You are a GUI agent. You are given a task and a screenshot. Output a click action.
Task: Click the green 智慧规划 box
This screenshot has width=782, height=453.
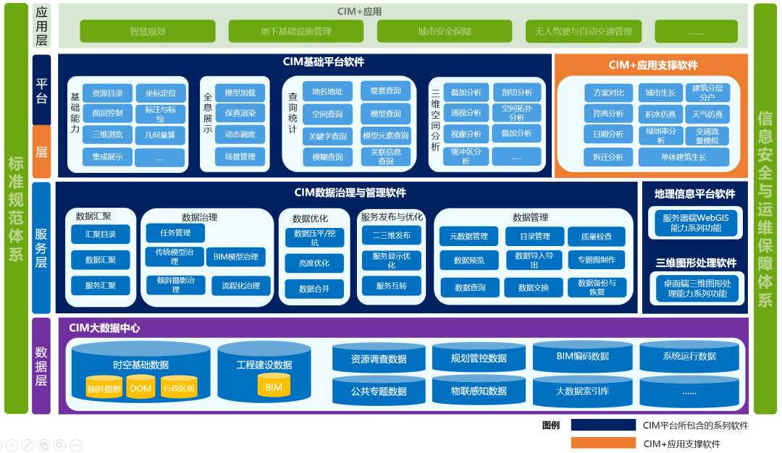point(148,31)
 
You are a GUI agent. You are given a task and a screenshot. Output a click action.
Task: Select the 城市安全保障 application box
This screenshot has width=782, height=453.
point(444,31)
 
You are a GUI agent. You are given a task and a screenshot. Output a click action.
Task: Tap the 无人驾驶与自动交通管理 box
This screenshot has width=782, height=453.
point(583,31)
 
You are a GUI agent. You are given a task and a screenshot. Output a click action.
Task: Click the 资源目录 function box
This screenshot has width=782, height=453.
point(107,93)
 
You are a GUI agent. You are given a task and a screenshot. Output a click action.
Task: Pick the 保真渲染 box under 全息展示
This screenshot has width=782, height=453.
point(240,114)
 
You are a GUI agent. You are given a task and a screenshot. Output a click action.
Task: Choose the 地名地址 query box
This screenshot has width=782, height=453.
point(327,91)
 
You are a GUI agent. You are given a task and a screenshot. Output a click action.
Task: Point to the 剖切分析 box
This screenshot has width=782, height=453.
point(516,93)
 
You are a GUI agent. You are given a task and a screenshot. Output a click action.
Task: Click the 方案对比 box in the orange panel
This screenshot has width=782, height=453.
point(608,93)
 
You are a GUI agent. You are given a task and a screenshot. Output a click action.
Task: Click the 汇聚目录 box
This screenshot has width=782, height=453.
point(100,234)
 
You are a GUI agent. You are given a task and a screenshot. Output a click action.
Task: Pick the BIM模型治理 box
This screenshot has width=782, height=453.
point(236,257)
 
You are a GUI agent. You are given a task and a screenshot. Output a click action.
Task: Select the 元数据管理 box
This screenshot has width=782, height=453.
point(468,236)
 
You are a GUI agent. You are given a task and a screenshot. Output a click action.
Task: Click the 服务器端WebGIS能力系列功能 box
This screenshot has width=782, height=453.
point(697,223)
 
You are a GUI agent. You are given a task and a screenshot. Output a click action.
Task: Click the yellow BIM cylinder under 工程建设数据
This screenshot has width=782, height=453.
point(274,386)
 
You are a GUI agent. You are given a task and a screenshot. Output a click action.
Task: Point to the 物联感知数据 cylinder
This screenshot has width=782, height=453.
point(479,391)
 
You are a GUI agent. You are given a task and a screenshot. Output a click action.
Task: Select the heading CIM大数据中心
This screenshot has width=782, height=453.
point(104,328)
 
